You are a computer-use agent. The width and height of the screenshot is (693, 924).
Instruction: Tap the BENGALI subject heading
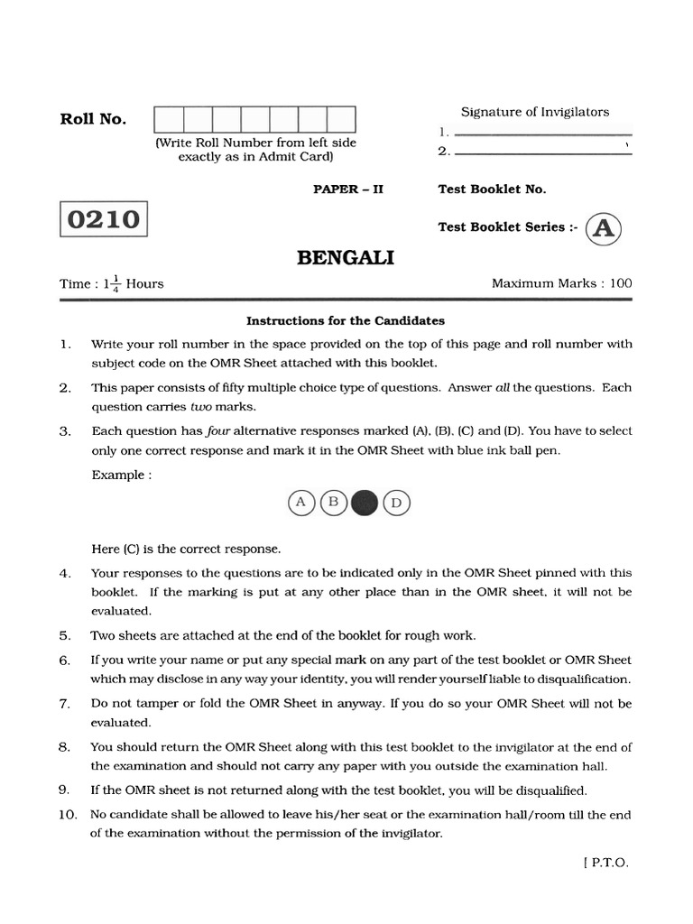tap(346, 259)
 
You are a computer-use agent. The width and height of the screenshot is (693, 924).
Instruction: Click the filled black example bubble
tap(364, 503)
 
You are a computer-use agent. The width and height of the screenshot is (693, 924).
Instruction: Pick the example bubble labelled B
tap(333, 502)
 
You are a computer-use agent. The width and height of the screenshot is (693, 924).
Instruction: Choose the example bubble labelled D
tap(395, 503)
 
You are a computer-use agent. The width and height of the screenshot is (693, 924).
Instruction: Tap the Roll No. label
tap(93, 119)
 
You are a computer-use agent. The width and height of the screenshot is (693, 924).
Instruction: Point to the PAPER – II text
tap(347, 189)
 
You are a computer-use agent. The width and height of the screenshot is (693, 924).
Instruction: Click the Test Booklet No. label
tap(492, 189)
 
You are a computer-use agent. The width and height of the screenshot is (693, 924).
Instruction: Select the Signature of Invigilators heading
tap(535, 112)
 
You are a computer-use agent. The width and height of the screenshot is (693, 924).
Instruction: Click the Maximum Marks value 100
tap(620, 283)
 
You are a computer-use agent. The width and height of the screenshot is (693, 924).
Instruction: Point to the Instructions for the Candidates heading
tap(346, 320)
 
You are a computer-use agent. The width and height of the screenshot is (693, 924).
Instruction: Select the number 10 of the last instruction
tap(68, 815)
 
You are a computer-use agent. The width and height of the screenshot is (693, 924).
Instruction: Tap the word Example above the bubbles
tap(117, 476)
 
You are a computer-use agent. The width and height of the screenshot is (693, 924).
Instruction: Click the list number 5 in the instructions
tap(65, 635)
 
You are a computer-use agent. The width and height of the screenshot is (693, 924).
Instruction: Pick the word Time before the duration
tap(75, 283)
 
